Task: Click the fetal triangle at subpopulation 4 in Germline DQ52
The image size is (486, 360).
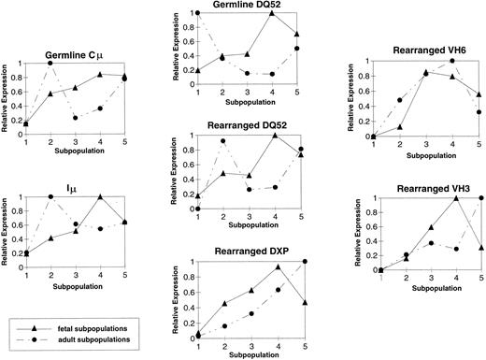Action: coord(270,13)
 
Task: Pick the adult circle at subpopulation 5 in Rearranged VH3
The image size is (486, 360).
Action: coord(479,198)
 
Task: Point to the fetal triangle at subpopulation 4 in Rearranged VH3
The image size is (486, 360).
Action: coord(453,198)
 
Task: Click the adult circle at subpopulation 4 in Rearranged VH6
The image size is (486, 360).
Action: coord(452,61)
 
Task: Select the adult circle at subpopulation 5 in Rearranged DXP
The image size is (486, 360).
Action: coord(305,262)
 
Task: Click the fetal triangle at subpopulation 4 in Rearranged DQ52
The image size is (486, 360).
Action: coord(278,136)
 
